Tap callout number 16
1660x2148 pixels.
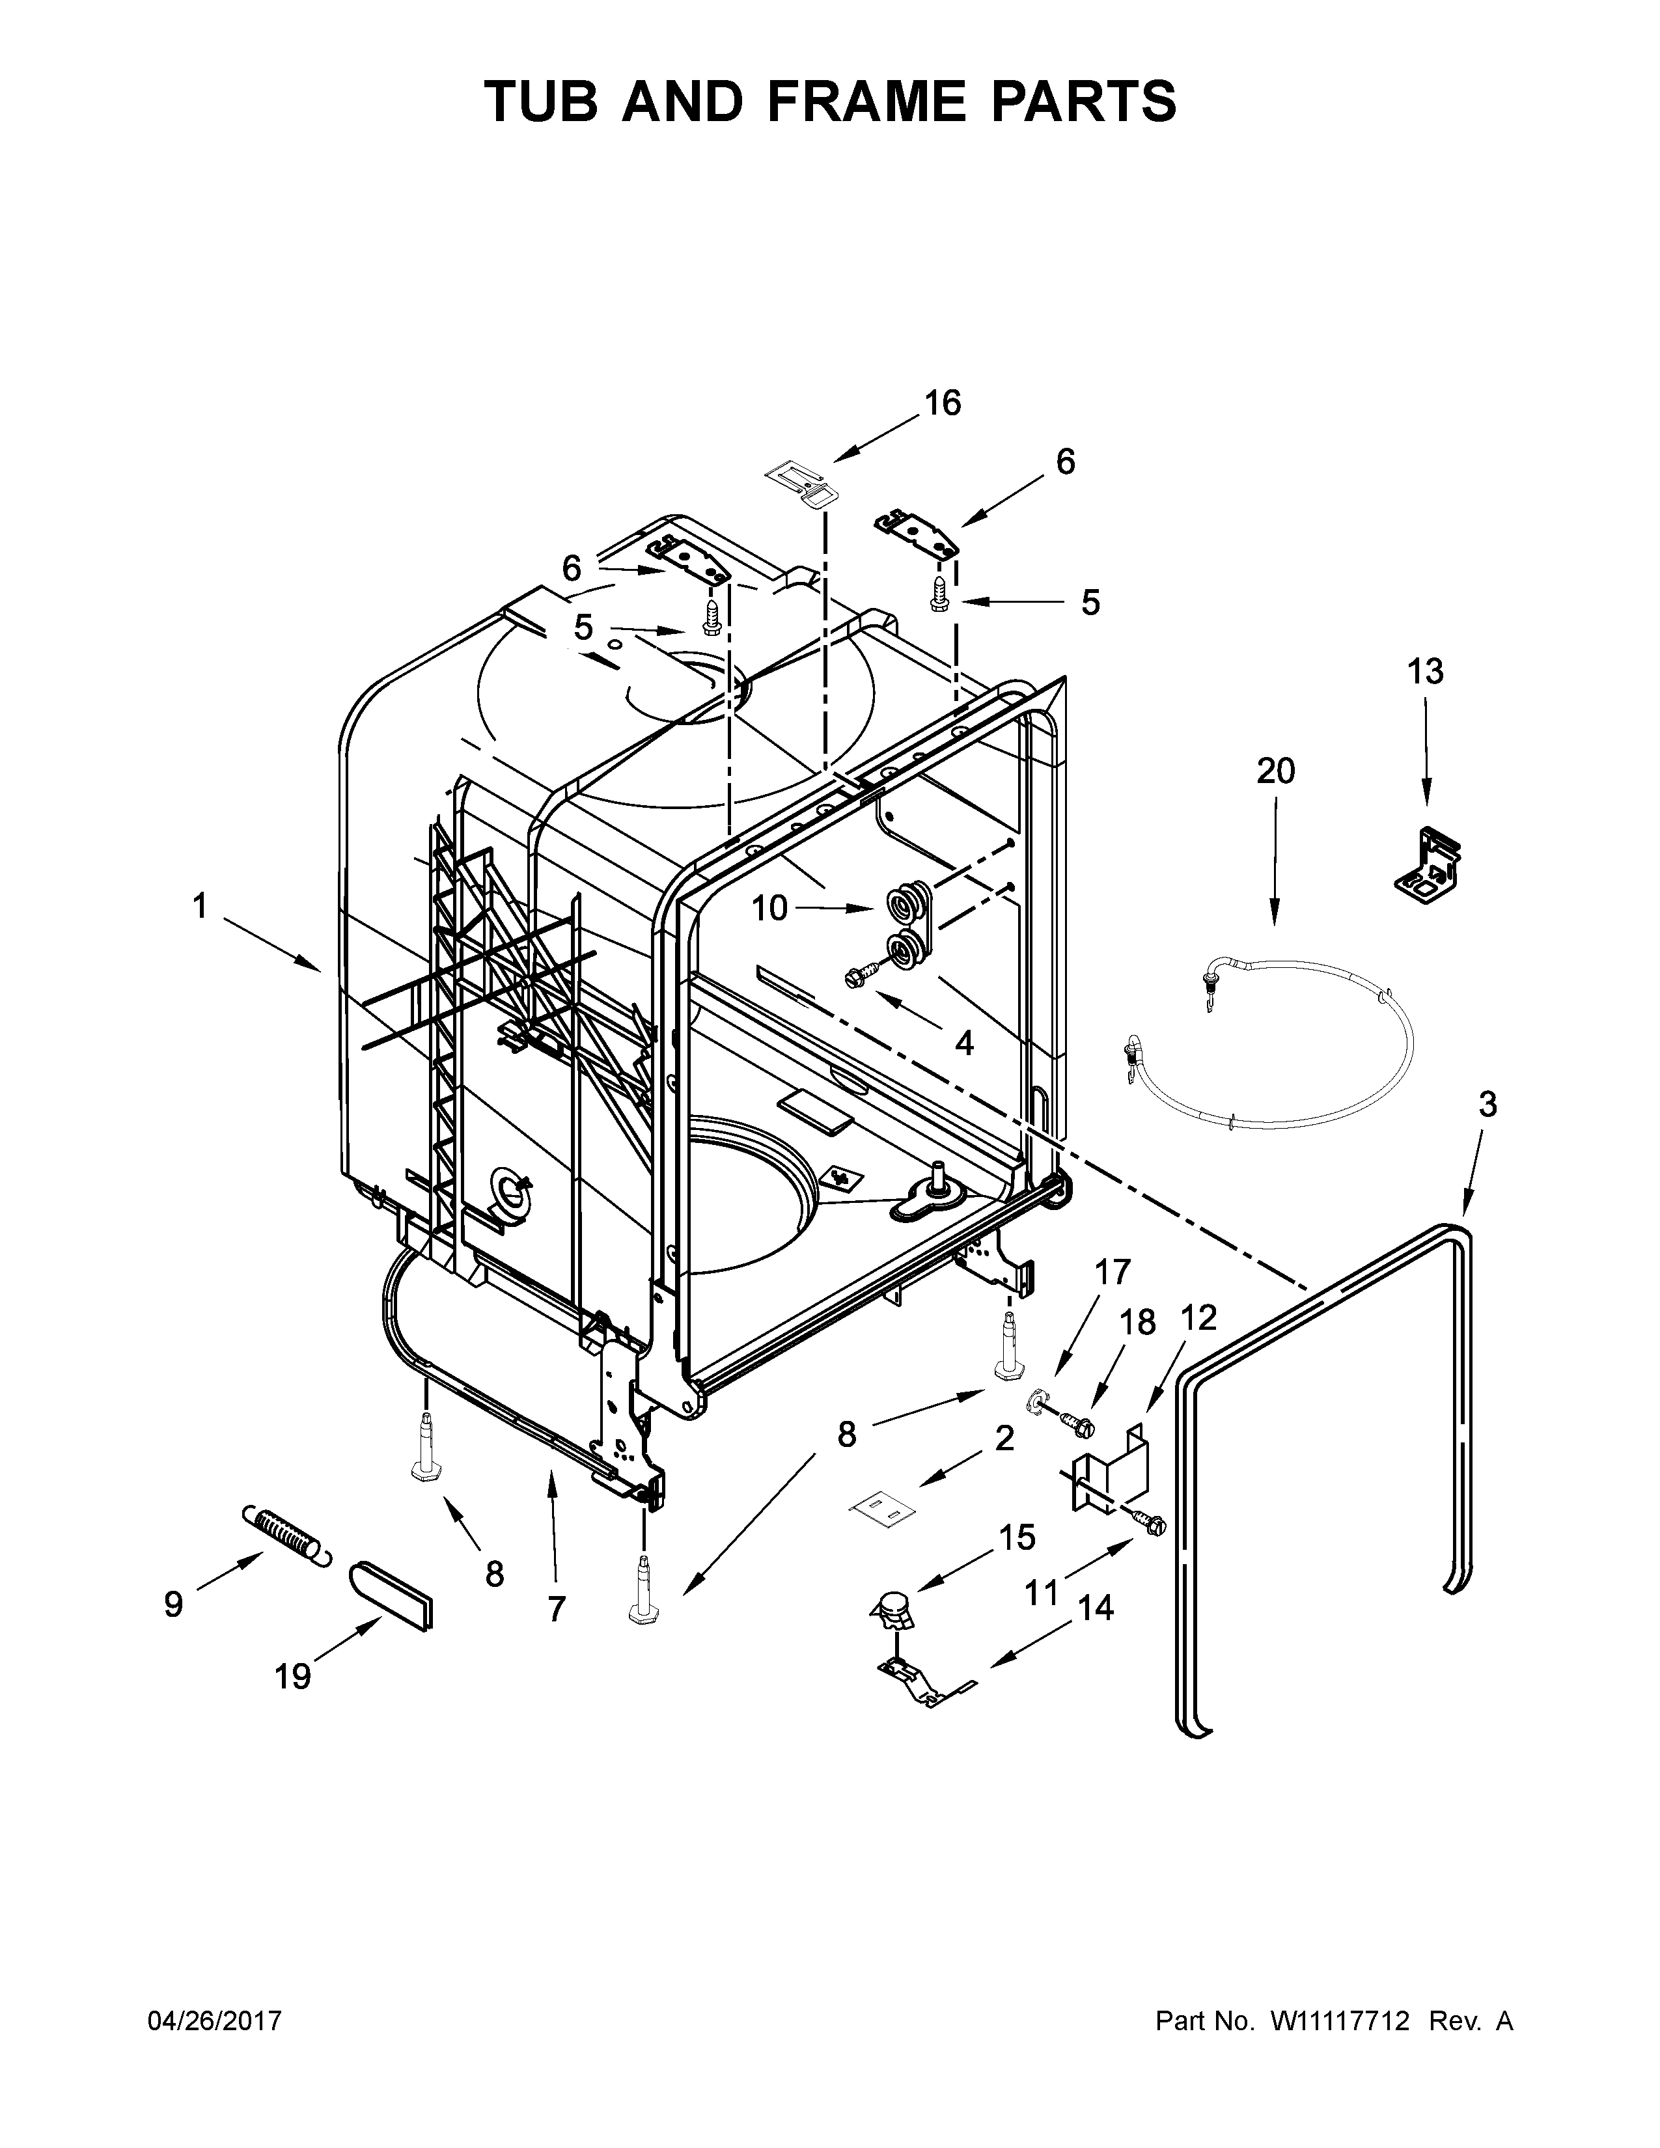tap(942, 404)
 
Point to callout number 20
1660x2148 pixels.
tap(1275, 771)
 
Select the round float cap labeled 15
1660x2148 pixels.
tap(893, 1609)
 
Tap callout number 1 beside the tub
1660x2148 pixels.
tap(200, 906)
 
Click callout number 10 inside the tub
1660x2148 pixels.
tap(770, 909)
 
